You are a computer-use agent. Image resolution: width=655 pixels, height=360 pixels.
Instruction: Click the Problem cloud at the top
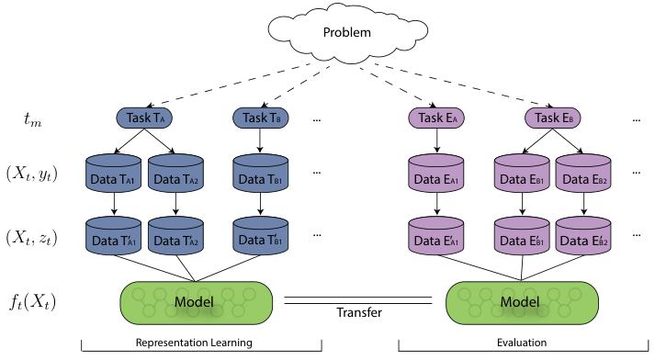tap(347, 33)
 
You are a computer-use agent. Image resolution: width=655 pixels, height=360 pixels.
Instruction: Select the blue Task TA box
tap(144, 118)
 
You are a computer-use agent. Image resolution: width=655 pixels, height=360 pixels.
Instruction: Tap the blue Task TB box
tap(261, 118)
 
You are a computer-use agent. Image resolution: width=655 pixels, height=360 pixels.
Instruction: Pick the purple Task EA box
tap(436, 118)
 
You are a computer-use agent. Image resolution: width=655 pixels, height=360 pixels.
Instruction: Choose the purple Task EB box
tap(553, 118)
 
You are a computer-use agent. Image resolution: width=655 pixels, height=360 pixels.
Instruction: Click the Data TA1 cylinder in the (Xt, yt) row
tap(113, 174)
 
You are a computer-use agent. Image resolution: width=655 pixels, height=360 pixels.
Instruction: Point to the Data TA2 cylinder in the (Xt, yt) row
tap(175, 174)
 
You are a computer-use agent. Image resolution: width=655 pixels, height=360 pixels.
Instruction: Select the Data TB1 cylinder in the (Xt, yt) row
tap(261, 174)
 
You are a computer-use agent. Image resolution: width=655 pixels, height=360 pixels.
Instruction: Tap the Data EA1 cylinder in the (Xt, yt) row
tap(436, 174)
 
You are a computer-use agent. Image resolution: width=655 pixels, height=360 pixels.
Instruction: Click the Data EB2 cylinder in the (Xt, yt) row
tap(583, 174)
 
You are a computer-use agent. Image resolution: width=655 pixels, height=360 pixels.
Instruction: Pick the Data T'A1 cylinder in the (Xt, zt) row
tap(113, 235)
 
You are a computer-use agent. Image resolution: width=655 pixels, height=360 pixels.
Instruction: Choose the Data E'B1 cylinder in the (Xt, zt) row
tap(522, 235)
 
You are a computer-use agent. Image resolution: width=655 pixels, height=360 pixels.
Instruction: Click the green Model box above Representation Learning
tap(197, 303)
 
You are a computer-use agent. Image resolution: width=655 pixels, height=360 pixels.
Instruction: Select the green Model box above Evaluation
tap(522, 303)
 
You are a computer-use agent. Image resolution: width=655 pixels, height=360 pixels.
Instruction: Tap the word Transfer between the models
tap(359, 312)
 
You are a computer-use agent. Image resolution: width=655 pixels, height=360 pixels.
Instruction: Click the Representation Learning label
tap(194, 343)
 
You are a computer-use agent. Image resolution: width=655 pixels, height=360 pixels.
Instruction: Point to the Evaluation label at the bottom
tap(522, 343)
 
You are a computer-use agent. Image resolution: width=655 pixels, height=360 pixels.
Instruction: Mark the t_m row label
tap(32, 119)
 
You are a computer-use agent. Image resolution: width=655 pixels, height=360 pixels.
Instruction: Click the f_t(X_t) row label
tap(32, 301)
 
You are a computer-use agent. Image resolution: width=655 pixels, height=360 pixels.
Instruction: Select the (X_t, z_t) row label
tap(31, 237)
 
